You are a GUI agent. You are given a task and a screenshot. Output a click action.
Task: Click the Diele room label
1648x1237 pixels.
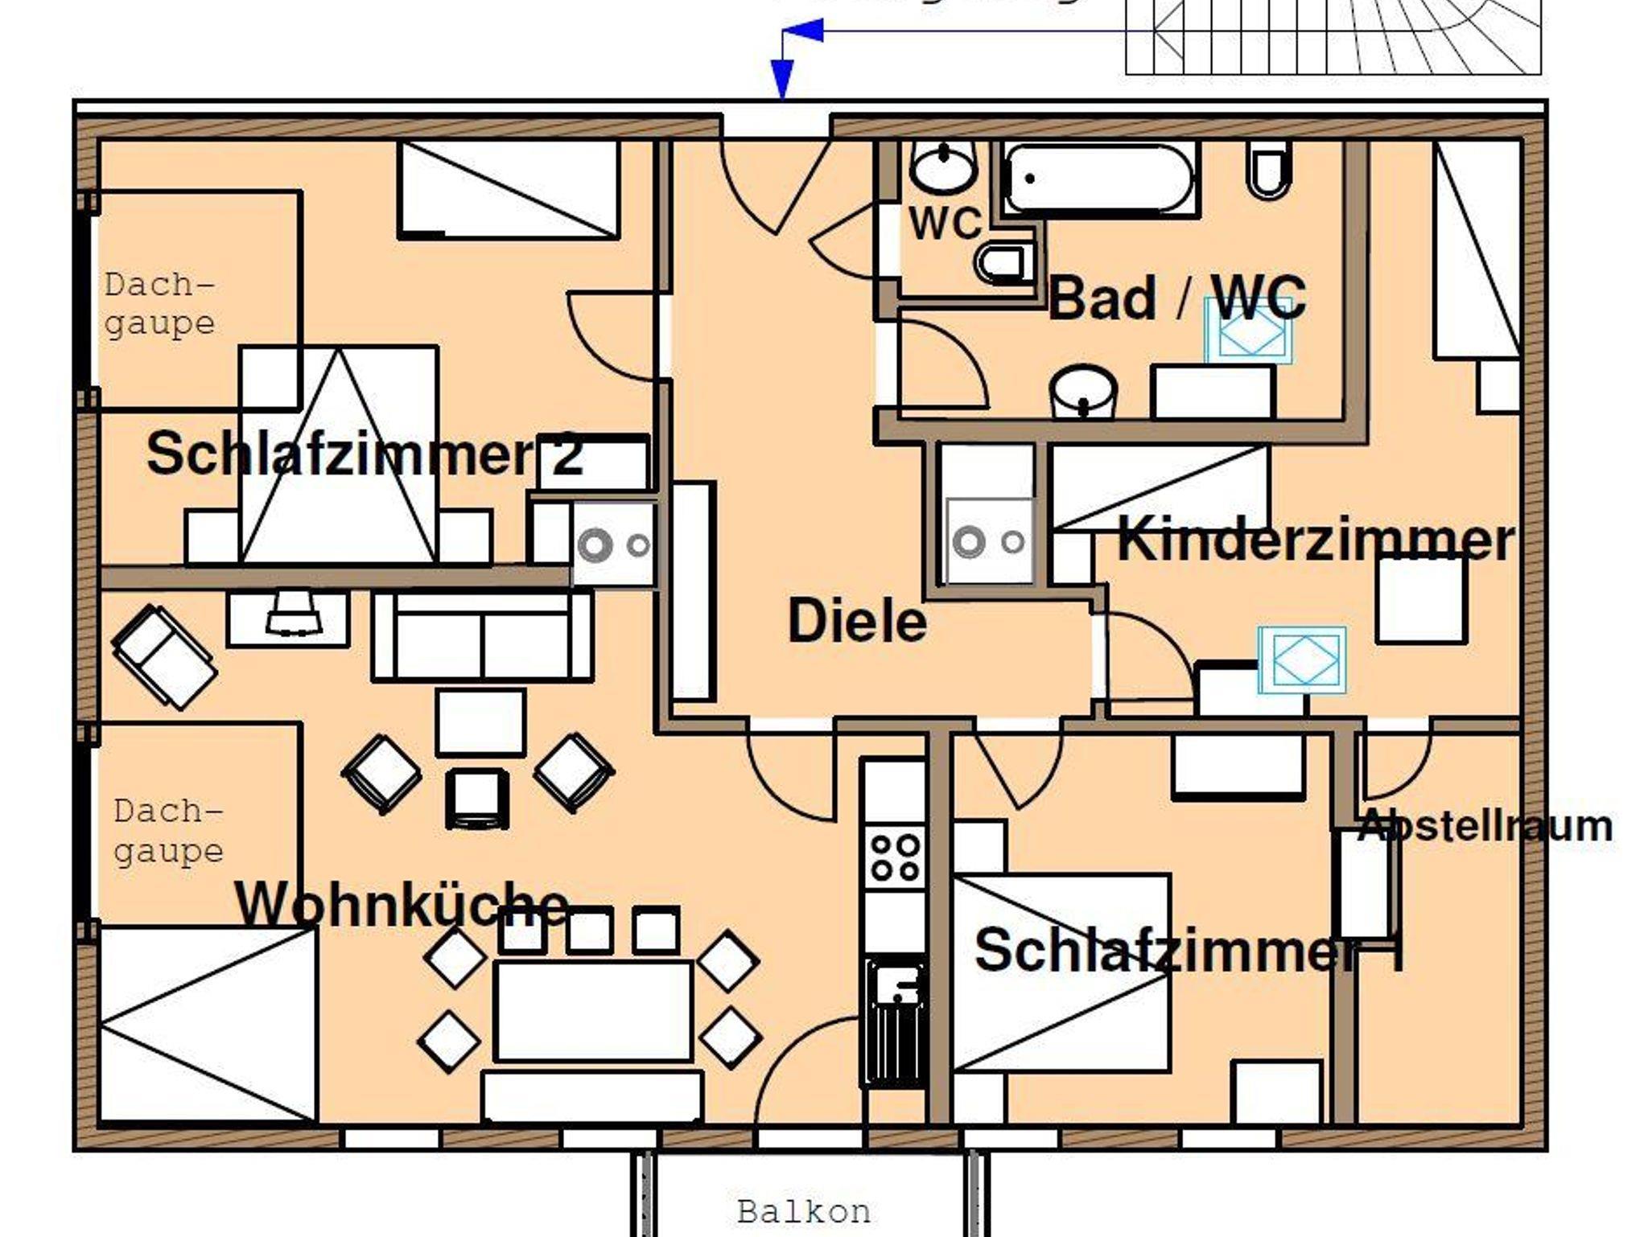point(857,622)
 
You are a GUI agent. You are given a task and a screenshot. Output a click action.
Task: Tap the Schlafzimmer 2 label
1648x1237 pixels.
point(364,454)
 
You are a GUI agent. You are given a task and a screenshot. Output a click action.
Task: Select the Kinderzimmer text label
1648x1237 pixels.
point(1316,540)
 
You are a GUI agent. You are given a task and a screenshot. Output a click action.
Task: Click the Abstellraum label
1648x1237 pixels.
point(1485,826)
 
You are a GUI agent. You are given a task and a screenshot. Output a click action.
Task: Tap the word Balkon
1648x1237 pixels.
point(804,1211)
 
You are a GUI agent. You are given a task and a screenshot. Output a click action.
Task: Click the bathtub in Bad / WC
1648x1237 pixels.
point(1098,179)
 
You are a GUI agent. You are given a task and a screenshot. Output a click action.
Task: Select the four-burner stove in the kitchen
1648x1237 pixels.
point(895,857)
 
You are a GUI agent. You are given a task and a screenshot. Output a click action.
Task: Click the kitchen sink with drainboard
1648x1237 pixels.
point(895,1020)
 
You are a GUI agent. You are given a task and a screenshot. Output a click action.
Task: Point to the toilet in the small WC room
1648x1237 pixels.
point(1001,262)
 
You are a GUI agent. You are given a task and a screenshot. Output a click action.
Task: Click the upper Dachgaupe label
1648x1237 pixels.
point(159,304)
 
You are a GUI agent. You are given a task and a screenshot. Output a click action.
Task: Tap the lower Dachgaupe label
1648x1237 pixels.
point(167,831)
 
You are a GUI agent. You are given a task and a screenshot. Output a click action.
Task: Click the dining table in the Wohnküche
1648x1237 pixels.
point(594,1010)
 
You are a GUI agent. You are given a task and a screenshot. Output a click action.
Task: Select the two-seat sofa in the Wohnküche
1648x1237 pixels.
point(482,637)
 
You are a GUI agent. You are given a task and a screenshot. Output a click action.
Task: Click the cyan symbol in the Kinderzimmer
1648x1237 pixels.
point(1301,660)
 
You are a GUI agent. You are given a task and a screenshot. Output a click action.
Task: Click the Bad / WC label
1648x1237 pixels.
point(1176,298)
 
